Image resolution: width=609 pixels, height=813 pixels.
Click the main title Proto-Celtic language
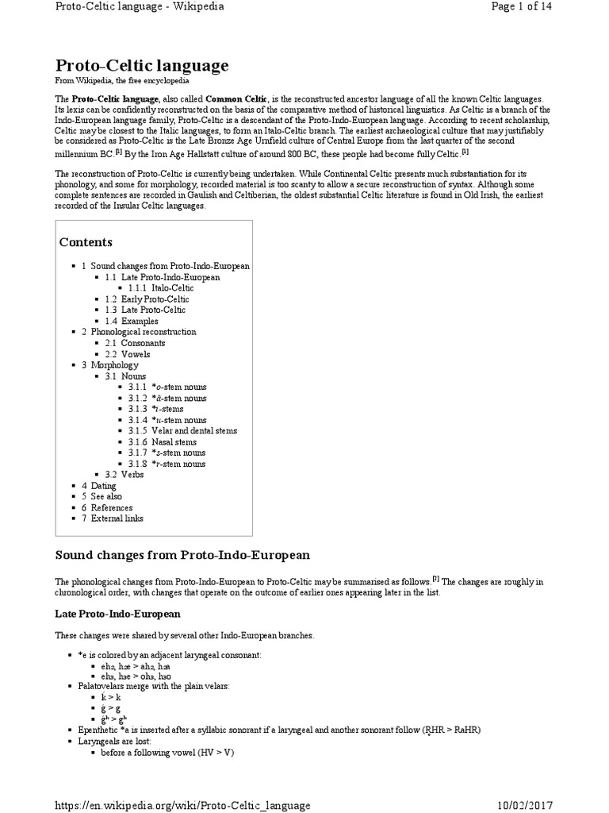coord(142,65)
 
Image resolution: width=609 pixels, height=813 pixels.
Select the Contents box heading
coord(86,242)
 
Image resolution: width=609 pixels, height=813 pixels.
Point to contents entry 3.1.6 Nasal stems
coord(167,441)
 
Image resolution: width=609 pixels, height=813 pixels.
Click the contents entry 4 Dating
coord(98,486)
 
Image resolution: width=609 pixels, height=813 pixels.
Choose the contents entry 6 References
coord(107,507)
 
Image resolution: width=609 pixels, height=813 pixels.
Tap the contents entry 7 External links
coord(113,518)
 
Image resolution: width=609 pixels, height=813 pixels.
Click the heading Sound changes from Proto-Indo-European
coord(182,553)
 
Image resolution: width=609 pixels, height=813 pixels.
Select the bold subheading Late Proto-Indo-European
coord(117,615)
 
